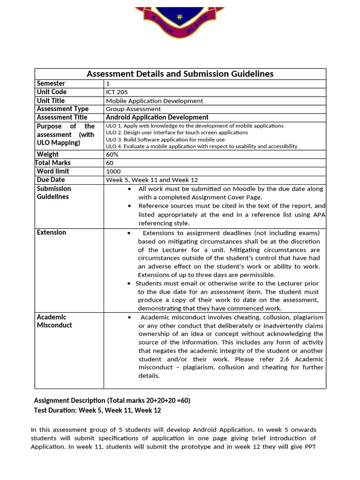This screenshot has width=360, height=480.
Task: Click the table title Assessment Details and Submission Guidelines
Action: [x=180, y=74]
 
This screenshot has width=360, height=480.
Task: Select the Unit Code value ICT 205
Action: [x=117, y=92]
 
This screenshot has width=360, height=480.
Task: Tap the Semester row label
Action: [x=51, y=83]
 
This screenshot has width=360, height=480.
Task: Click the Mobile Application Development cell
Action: [x=154, y=101]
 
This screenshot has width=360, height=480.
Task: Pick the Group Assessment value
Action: [x=133, y=109]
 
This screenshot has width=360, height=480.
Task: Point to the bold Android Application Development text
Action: [x=157, y=118]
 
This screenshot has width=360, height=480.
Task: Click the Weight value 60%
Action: [x=112, y=155]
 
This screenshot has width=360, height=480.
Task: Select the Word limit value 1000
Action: [x=113, y=172]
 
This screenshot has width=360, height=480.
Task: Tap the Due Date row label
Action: [x=51, y=180]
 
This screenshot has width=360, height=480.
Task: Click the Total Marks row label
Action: [x=53, y=163]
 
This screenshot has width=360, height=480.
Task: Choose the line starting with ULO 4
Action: [x=202, y=146]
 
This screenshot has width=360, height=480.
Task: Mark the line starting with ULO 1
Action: [x=195, y=126]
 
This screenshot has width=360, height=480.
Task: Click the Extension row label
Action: [x=52, y=232]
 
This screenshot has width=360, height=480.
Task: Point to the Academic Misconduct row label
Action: [x=54, y=321]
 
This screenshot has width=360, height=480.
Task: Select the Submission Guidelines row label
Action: [x=54, y=193]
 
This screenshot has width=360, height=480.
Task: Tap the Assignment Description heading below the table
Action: [x=112, y=401]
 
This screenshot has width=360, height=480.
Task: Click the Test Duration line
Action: [x=97, y=410]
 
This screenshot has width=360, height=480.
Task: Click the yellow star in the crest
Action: [x=179, y=17]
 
